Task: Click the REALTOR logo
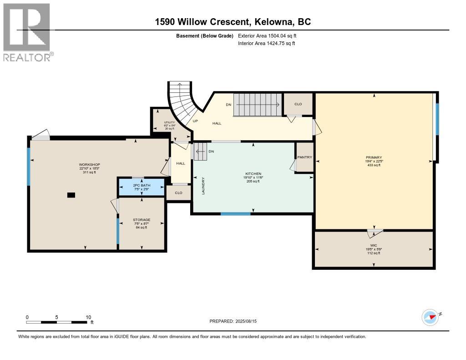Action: (x=28, y=32)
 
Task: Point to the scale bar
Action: (x=57, y=322)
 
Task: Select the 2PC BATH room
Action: (x=142, y=187)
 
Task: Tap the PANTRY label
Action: (x=304, y=157)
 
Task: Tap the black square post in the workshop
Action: (x=71, y=195)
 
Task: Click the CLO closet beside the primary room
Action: (x=298, y=104)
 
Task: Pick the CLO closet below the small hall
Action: (x=178, y=193)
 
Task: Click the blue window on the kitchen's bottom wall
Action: (x=236, y=213)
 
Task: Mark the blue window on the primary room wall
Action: (x=437, y=119)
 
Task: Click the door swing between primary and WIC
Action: (x=374, y=233)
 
